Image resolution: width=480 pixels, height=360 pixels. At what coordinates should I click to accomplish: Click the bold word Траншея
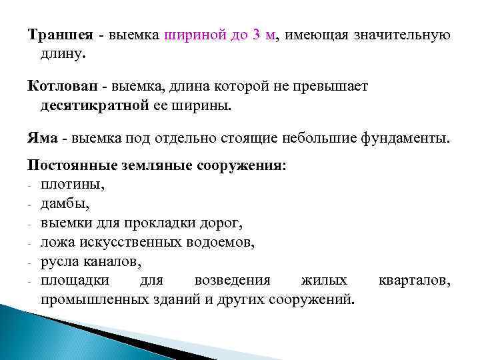pos(58,35)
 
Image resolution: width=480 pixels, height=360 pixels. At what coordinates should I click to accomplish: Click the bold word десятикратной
pos(92,105)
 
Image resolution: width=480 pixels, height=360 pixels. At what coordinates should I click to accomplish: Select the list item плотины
pos(73,184)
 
